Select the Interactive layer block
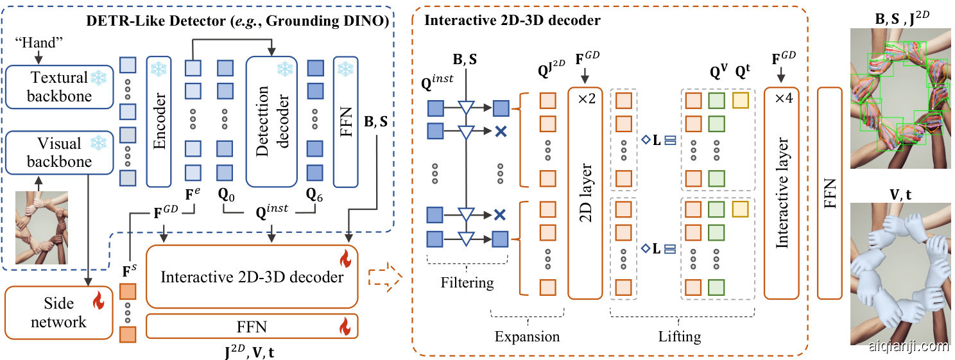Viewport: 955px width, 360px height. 782,193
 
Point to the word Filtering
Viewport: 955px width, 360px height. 467,282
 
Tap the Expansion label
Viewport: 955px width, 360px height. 526,336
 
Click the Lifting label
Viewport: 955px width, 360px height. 680,336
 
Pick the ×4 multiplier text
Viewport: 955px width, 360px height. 782,99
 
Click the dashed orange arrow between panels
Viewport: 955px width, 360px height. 384,278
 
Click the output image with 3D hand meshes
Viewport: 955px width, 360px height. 900,273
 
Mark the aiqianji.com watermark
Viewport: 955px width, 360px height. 907,347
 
